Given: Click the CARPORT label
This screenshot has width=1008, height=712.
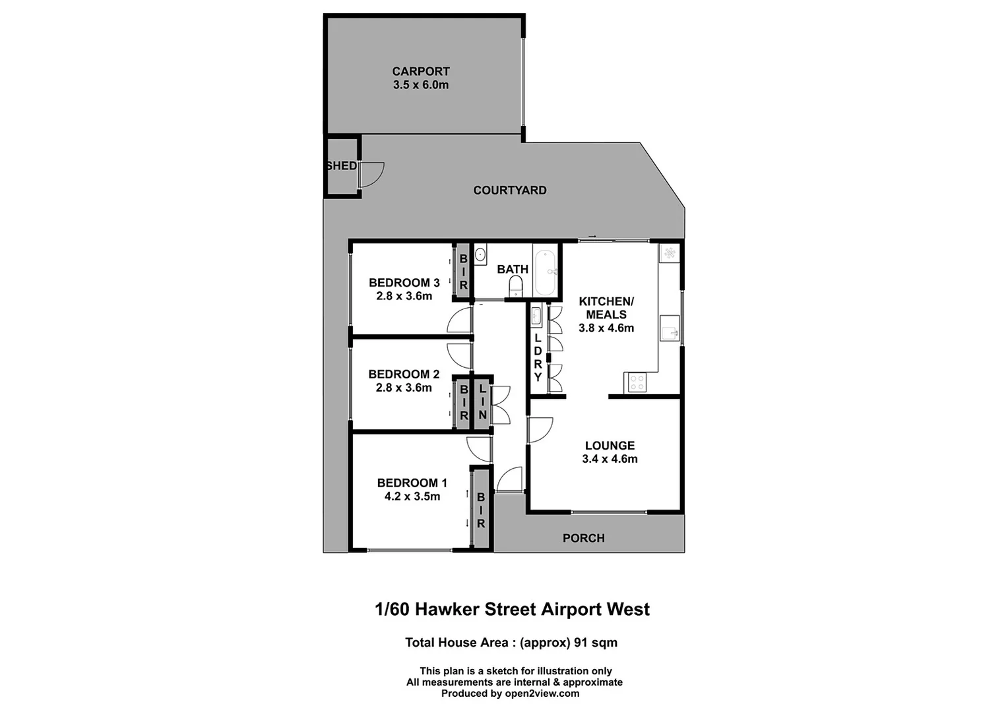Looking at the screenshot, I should (420, 71).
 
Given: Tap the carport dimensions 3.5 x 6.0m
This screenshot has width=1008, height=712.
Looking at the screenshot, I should (420, 85).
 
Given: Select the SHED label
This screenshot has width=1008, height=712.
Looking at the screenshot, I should (342, 166).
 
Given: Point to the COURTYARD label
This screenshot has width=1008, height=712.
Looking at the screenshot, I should (510, 191).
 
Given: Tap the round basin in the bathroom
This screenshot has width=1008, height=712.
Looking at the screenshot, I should (481, 253).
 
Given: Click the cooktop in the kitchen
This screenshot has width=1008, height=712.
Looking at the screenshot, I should (637, 382).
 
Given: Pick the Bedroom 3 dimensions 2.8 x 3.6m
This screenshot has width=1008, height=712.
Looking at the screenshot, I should (404, 297).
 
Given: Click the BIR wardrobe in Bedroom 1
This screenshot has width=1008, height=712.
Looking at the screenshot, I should (481, 508).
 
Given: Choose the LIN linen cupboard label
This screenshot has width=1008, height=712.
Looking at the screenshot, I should (483, 402).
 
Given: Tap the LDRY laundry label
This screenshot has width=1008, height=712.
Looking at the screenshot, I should (538, 357).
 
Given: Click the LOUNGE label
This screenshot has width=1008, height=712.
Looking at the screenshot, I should (610, 446).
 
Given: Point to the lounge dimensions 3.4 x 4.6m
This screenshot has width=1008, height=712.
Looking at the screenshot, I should (610, 460).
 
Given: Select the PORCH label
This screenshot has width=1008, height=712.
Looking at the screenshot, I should (583, 539).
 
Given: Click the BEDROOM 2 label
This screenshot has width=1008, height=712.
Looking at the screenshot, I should (404, 374).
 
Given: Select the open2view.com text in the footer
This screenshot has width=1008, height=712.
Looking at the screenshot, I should (542, 694).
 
